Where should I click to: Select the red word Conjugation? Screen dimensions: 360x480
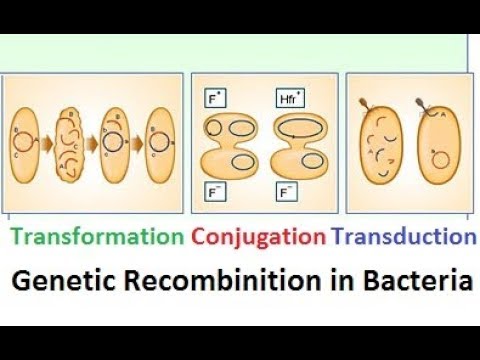(x=258, y=236)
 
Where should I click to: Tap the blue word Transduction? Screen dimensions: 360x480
(x=403, y=236)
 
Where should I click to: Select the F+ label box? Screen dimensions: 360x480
(x=213, y=100)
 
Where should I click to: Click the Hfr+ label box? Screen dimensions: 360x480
(x=288, y=100)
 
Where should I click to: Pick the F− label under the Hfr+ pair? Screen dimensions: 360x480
(x=286, y=187)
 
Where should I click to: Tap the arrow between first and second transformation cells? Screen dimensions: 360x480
(x=49, y=142)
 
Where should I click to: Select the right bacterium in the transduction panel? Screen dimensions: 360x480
(x=440, y=145)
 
